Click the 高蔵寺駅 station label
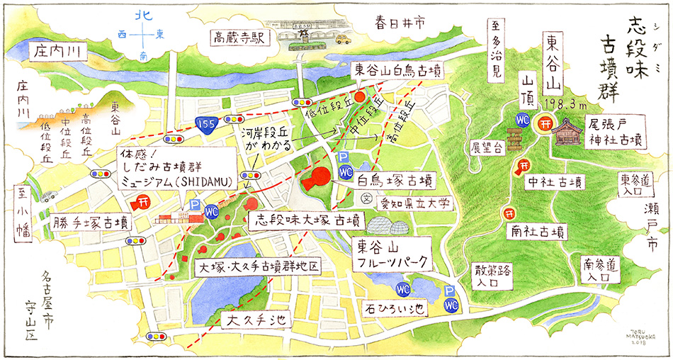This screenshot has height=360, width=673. coord(237,36)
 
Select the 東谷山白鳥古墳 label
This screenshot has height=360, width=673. coord(398,69)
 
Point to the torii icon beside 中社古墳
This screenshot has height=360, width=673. coord(521,167)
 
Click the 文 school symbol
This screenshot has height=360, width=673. coord(366,197)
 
